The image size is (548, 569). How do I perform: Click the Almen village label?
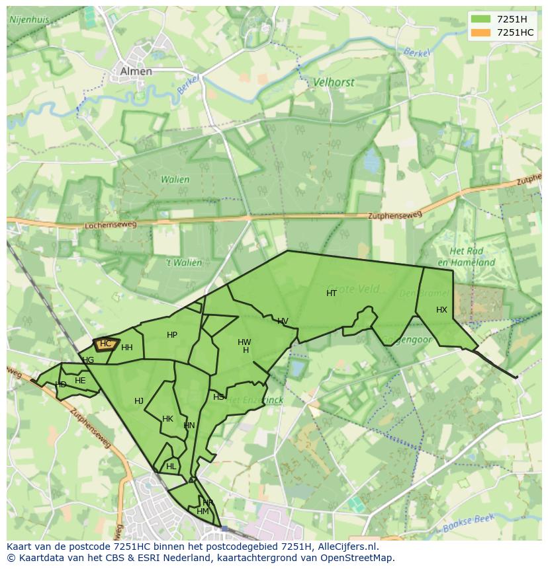point(136,71)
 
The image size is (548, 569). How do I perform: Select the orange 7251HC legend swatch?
point(481,32)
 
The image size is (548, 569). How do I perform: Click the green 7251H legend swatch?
point(481,19)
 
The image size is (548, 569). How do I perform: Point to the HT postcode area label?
point(332,293)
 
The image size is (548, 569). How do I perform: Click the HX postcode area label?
point(441,310)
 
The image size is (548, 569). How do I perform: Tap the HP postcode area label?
point(172,335)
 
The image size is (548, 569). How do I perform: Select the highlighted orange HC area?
point(105,344)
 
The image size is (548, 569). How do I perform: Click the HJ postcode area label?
point(139,401)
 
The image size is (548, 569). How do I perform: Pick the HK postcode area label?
point(167,419)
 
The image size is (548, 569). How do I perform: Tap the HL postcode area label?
point(171,466)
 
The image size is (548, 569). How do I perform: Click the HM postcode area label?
point(203,512)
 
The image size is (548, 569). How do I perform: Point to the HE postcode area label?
point(80,381)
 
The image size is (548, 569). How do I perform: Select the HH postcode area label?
point(127,348)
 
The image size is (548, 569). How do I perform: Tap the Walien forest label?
point(175,179)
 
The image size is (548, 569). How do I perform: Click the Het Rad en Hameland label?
point(472,257)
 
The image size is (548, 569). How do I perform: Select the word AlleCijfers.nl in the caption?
point(346,547)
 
